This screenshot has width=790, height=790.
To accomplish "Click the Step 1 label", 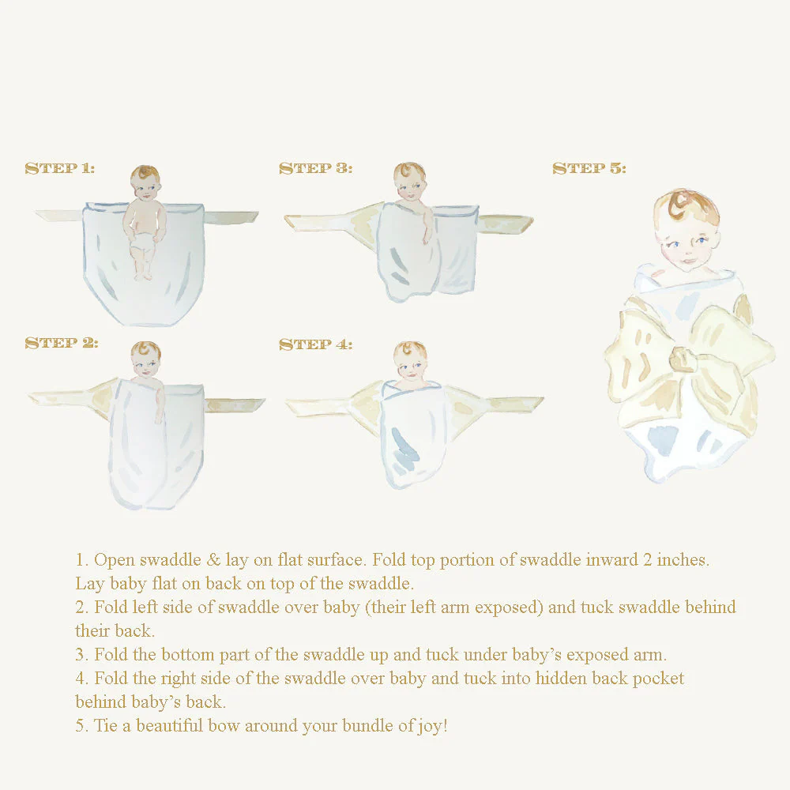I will pyautogui.click(x=60, y=168).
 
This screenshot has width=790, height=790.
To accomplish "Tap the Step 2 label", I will pyautogui.click(x=62, y=343).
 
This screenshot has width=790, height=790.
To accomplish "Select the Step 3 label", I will pyautogui.click(x=315, y=168).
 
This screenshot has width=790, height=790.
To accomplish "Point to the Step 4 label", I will pyautogui.click(x=315, y=344).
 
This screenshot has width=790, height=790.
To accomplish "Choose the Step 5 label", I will pyautogui.click(x=589, y=168).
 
